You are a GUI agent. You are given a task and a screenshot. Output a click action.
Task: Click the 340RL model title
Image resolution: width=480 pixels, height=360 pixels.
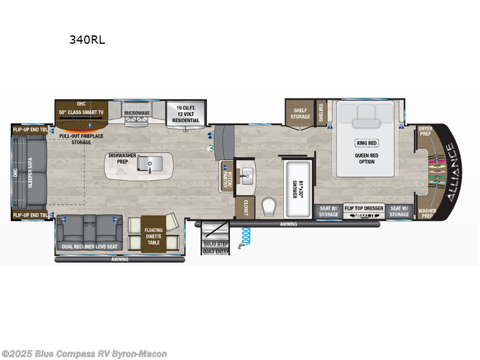coord(88,41)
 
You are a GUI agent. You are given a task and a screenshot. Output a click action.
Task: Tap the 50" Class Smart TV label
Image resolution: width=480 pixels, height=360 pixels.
coord(82,112)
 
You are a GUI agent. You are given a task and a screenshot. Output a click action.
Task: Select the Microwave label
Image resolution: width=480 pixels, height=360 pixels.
coord(137,113)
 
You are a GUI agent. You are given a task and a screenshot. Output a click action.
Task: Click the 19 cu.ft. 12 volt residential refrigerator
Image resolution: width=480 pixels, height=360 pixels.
coord(185,113)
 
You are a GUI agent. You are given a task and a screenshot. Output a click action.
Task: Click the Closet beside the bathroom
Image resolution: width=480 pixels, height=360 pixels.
coord(245,208)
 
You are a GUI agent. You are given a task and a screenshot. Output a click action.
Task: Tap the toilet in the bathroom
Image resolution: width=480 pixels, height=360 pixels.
coord(269,208)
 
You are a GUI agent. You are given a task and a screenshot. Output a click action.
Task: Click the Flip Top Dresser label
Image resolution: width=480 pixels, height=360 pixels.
coord(364,208)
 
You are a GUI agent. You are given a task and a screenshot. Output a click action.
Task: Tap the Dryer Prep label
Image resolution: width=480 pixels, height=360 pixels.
coord(425,131)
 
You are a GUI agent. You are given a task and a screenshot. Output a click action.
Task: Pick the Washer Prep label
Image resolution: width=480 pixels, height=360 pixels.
coord(427,214)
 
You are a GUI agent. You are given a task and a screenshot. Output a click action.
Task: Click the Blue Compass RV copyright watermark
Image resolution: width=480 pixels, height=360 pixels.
coord(84,354)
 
